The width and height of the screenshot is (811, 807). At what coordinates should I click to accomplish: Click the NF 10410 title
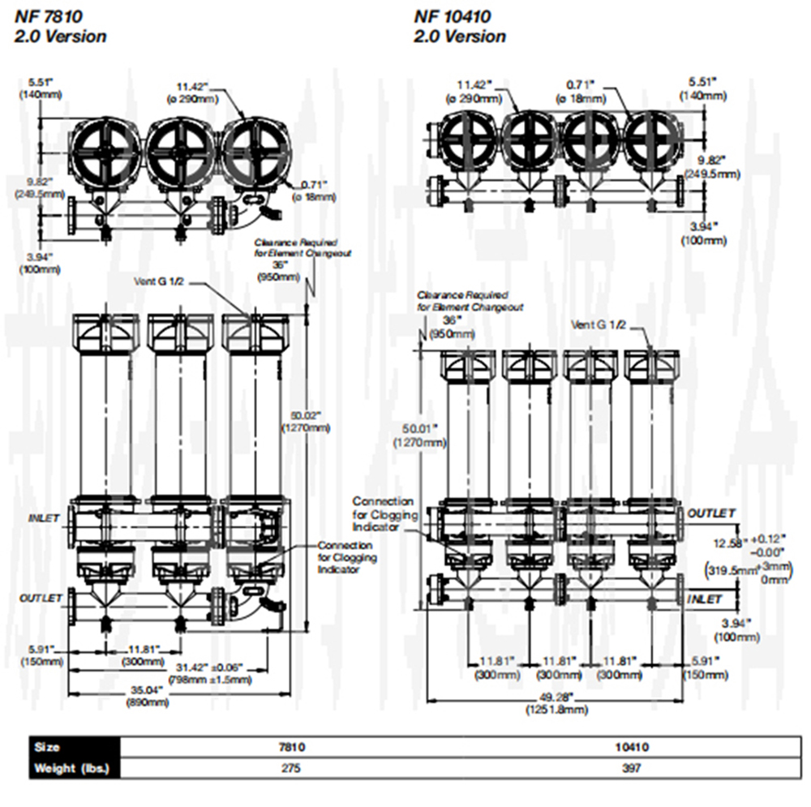453,16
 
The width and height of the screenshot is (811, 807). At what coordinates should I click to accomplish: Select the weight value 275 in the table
292,768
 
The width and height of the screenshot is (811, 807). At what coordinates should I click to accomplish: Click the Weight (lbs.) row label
69,768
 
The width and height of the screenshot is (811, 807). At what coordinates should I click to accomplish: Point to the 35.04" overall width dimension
147,690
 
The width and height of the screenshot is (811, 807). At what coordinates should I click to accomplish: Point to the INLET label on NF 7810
45,517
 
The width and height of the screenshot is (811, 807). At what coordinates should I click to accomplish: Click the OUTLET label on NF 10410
711,513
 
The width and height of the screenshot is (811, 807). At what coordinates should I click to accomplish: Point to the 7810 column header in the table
292,747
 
